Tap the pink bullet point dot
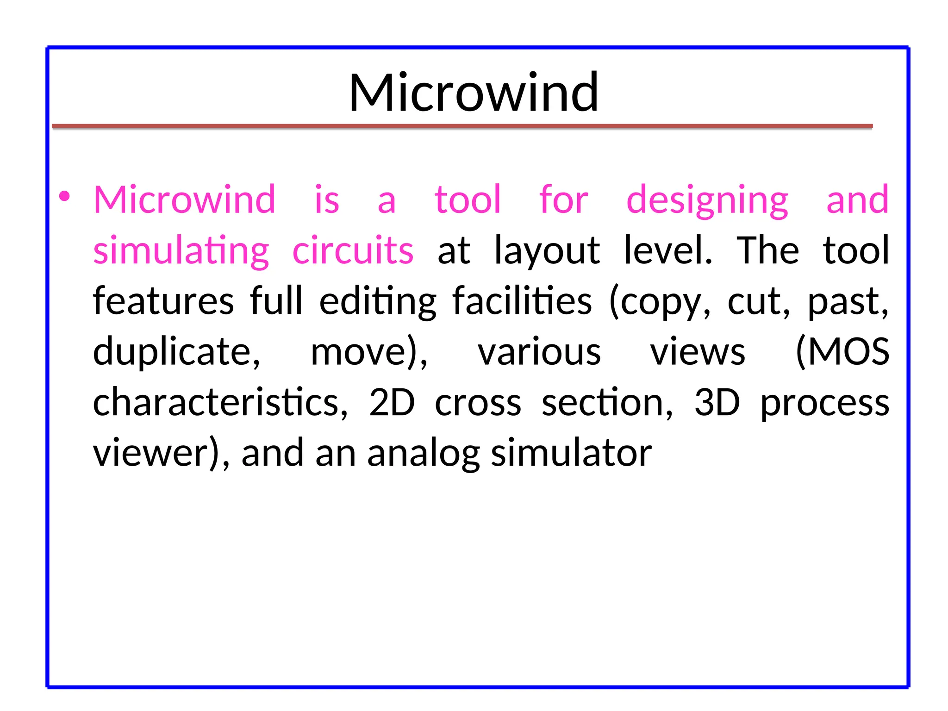click(65, 196)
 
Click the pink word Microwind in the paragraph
click(185, 200)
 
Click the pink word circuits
click(353, 250)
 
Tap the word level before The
click(667, 250)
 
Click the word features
click(163, 301)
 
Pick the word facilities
click(522, 301)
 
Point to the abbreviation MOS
click(842, 352)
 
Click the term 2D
click(392, 402)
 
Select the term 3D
click(717, 402)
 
